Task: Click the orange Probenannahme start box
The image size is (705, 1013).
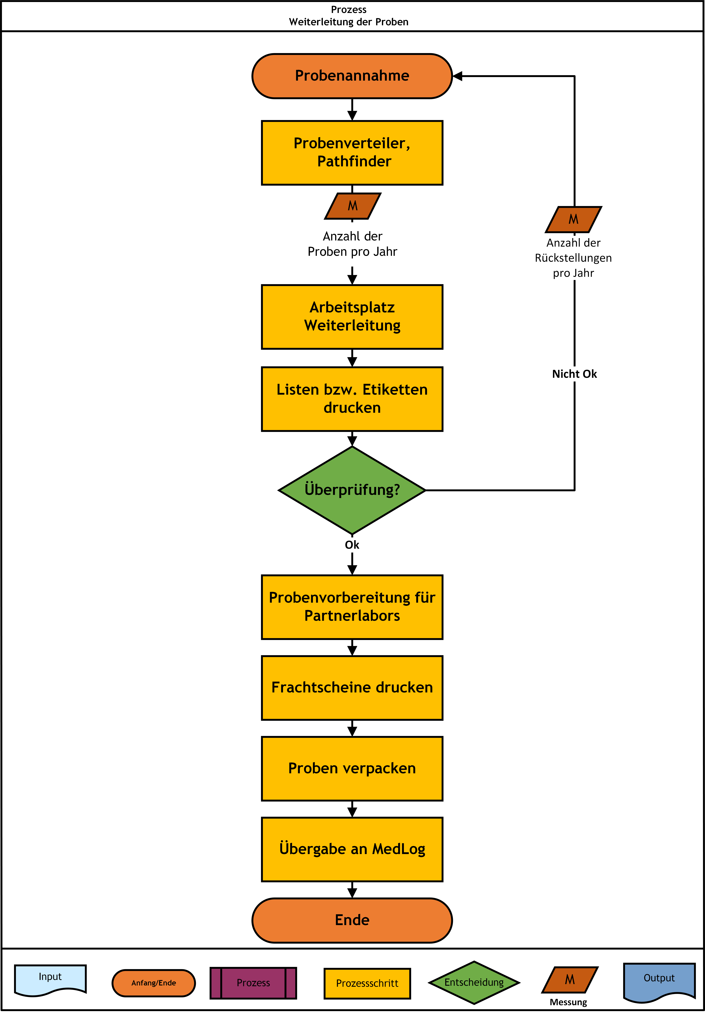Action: [352, 76]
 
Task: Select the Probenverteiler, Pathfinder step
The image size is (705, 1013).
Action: [352, 153]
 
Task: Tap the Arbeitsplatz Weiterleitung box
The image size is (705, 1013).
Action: [352, 317]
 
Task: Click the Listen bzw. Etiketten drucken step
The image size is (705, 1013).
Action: [352, 399]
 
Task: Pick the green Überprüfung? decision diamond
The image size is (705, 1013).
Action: [352, 490]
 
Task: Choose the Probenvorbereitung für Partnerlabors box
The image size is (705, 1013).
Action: [352, 607]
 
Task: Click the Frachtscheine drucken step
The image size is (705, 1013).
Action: [352, 688]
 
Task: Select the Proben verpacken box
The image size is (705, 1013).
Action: [352, 769]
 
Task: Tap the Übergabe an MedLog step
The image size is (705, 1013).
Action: [352, 849]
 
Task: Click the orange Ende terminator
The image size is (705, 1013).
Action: [352, 920]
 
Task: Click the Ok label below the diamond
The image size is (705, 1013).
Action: [352, 545]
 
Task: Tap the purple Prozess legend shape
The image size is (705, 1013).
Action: [253, 983]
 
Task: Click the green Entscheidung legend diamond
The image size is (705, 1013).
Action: [474, 983]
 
